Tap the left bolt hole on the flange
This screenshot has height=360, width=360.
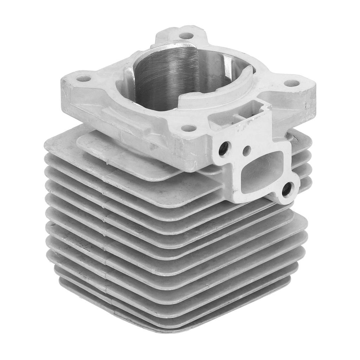(83, 79)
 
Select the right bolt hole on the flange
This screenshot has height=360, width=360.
(291, 83)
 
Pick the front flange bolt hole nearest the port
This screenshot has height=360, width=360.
(189, 128)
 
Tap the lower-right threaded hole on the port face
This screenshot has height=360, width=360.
(287, 189)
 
